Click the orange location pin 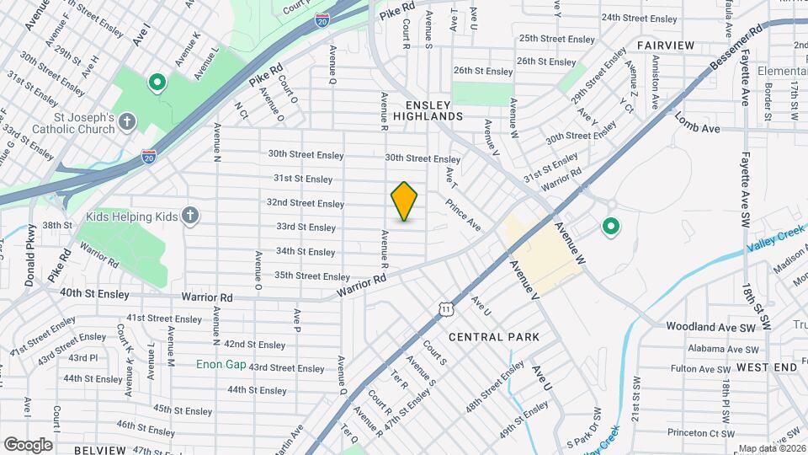point(404,201)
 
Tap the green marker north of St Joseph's point(156,83)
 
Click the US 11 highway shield point(445,310)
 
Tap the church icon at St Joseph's point(127,122)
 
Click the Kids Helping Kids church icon point(189,217)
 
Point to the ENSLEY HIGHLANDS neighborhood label point(428,110)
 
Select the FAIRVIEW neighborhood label point(665,45)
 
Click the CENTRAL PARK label point(493,337)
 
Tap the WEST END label point(766,368)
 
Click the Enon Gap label point(221,365)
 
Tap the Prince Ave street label point(463,215)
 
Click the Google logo point(28,444)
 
